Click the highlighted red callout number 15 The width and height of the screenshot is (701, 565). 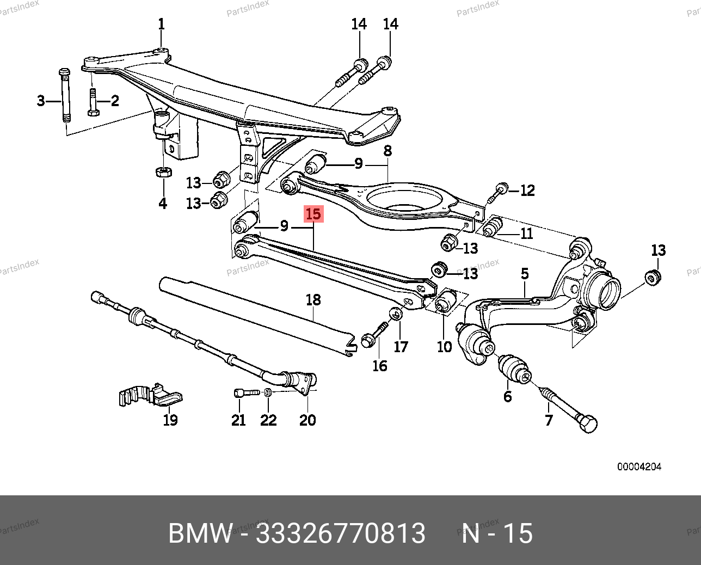coord(313,214)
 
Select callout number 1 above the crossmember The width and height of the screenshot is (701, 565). coord(161,24)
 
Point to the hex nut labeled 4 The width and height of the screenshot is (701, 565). coord(163,172)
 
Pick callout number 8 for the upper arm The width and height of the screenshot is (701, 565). coord(388,150)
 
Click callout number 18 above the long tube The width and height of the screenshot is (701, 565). coord(313,299)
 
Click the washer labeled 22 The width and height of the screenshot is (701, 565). coord(268,392)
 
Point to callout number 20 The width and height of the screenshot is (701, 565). coord(308,420)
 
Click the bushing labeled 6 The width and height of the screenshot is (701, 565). coord(514,369)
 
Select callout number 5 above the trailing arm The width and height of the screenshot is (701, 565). coord(525,273)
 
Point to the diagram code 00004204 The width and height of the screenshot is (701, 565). coord(639,466)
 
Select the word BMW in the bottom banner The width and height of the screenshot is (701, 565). coord(200,533)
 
